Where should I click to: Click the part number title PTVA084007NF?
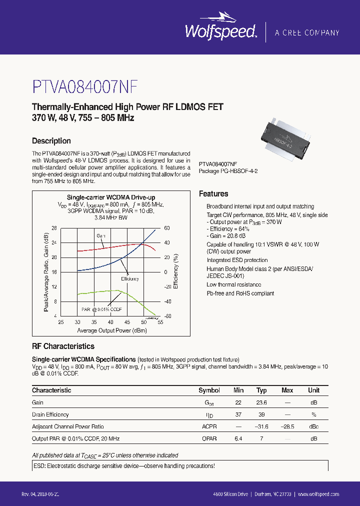pyautogui.click(x=85, y=86)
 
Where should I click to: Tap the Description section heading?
pyautogui.click(x=51, y=141)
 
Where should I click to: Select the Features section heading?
pyautogui.click(x=213, y=194)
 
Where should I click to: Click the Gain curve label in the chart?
pyautogui.click(x=101, y=235)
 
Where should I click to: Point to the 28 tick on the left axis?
pyautogui.click(x=54, y=228)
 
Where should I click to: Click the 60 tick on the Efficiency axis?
pyautogui.click(x=167, y=228)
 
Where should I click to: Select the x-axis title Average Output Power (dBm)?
pyautogui.click(x=110, y=330)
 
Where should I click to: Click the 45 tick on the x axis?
pyautogui.click(x=127, y=322)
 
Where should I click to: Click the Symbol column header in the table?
pyautogui.click(x=209, y=390)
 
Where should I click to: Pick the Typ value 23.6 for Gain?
pyautogui.click(x=261, y=402)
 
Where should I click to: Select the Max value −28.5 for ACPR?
pyautogui.click(x=287, y=426)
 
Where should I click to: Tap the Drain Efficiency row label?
pyautogui.click(x=50, y=414)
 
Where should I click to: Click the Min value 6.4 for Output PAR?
pyautogui.click(x=238, y=438)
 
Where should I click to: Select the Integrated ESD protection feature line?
pyautogui.click(x=237, y=260)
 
